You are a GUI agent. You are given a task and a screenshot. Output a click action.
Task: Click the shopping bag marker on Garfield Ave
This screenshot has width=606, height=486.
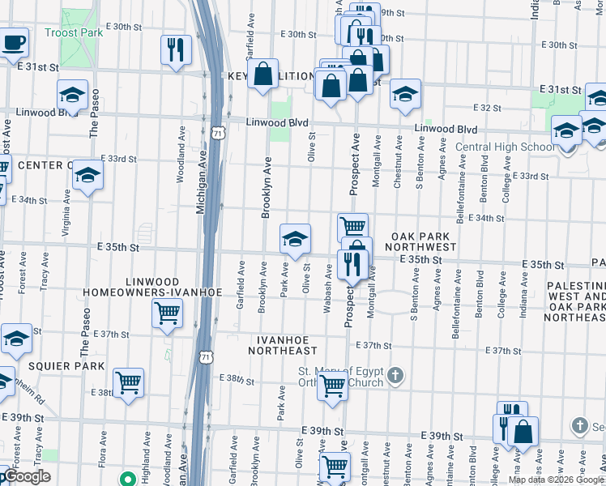[x=264, y=75]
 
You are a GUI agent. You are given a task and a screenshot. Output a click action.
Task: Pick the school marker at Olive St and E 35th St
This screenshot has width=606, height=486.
[x=295, y=238]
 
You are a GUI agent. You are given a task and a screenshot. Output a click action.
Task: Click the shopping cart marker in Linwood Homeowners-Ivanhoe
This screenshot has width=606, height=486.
[x=167, y=312]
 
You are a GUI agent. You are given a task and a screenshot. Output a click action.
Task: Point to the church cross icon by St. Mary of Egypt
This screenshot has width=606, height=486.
[x=395, y=375]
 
